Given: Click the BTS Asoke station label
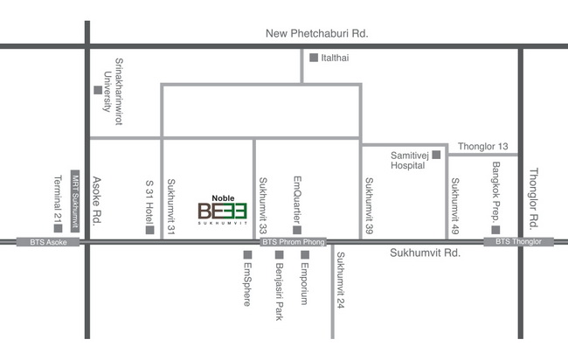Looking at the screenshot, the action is tap(48, 242).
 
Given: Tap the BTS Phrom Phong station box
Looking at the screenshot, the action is tap(294, 241).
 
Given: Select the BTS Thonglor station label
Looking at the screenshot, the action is tap(519, 241).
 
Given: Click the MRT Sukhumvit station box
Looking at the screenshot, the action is tap(75, 201).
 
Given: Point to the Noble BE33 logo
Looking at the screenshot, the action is tap(223, 210).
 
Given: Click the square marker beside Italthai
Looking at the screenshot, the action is tap(314, 58).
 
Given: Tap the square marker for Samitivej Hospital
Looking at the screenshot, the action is tap(437, 155).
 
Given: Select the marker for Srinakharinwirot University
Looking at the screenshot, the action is tap(98, 90).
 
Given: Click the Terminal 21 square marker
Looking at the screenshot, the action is tap(58, 228).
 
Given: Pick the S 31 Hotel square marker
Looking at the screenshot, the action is tap(150, 230).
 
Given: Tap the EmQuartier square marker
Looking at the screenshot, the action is tap(297, 230).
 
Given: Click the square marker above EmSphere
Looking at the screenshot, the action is tap(247, 254).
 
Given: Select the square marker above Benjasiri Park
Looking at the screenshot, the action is tap(280, 254).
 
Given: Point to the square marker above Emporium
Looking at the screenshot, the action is tap(305, 254).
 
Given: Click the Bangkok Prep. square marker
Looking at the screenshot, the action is tap(496, 230).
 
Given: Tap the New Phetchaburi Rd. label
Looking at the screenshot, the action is tap(317, 34).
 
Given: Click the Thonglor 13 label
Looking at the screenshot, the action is tap(483, 146).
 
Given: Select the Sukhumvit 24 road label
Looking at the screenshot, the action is tap(341, 280).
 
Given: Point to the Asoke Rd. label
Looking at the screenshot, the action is tap(97, 201).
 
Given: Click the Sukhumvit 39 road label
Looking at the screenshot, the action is tap(369, 205).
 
